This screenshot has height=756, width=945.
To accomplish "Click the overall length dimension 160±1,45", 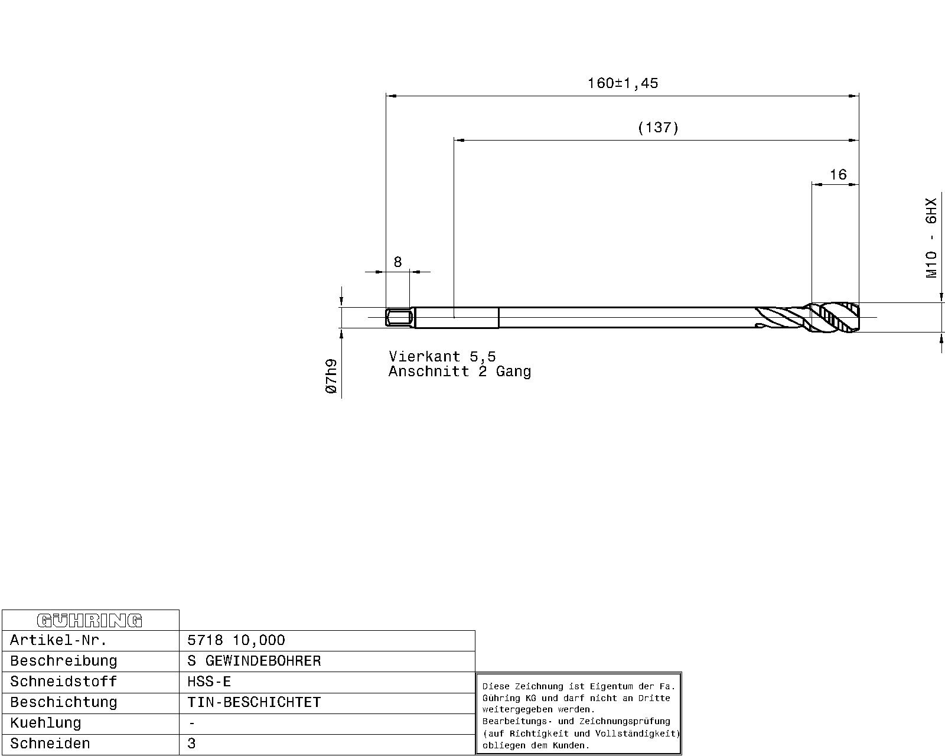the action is pyautogui.click(x=623, y=83).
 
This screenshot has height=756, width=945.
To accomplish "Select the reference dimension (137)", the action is pyautogui.click(x=658, y=128).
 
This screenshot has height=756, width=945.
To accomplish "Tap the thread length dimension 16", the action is pyautogui.click(x=838, y=175).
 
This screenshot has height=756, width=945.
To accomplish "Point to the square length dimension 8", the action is pyautogui.click(x=397, y=262).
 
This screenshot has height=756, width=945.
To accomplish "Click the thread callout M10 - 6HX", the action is pyautogui.click(x=931, y=237).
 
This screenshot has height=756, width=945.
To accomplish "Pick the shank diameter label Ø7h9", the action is pyautogui.click(x=331, y=376).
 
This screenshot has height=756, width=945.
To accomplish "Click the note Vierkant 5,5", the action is pyautogui.click(x=442, y=356).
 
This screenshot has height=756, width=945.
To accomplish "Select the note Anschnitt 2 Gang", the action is pyautogui.click(x=460, y=372).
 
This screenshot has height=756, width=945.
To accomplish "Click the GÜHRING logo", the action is pyautogui.click(x=90, y=620).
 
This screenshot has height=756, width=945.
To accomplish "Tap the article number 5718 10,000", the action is pyautogui.click(x=236, y=640).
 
